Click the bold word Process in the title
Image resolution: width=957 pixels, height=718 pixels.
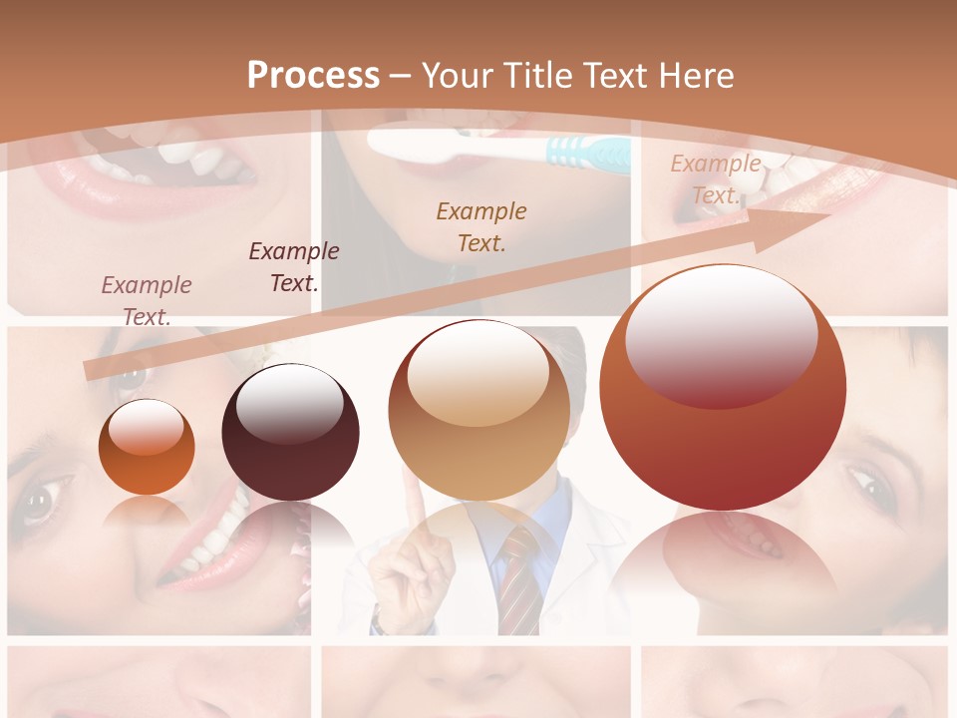tap(313, 76)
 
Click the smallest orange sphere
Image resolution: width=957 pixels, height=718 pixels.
tap(147, 447)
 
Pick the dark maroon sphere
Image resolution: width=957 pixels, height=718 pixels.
tap(290, 433)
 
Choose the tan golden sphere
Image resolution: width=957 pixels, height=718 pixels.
tap(479, 410)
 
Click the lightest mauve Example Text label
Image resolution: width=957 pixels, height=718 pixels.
tap(147, 300)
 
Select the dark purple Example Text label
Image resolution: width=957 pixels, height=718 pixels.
tap(294, 266)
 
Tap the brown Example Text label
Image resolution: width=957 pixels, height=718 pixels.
tap(481, 226)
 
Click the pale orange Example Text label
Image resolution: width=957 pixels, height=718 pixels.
tap(715, 179)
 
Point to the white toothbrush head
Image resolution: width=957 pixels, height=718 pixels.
tap(419, 144)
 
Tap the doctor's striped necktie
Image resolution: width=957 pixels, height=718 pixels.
tap(518, 578)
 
